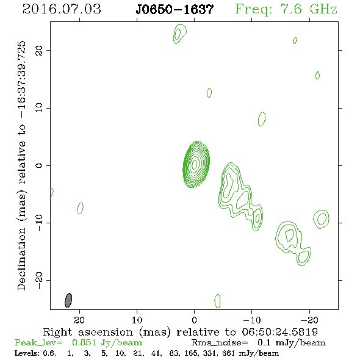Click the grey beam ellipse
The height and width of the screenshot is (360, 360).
68,300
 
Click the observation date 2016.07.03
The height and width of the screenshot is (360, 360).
62,9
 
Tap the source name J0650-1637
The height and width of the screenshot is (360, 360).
175,9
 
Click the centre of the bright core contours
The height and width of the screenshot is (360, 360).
195,164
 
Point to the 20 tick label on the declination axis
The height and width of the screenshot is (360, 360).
39,50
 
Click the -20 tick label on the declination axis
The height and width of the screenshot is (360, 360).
39,280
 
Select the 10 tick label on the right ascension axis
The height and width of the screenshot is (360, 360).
137,320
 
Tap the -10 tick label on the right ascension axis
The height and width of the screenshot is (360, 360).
252,320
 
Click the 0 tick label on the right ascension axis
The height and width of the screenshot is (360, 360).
194,320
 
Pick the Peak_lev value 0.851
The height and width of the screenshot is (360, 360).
84,342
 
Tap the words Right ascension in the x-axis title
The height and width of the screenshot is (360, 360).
88,332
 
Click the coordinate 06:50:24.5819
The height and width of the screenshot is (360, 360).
280,332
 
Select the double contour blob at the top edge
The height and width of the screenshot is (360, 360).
179,34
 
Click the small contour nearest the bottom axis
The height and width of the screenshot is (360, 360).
217,301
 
